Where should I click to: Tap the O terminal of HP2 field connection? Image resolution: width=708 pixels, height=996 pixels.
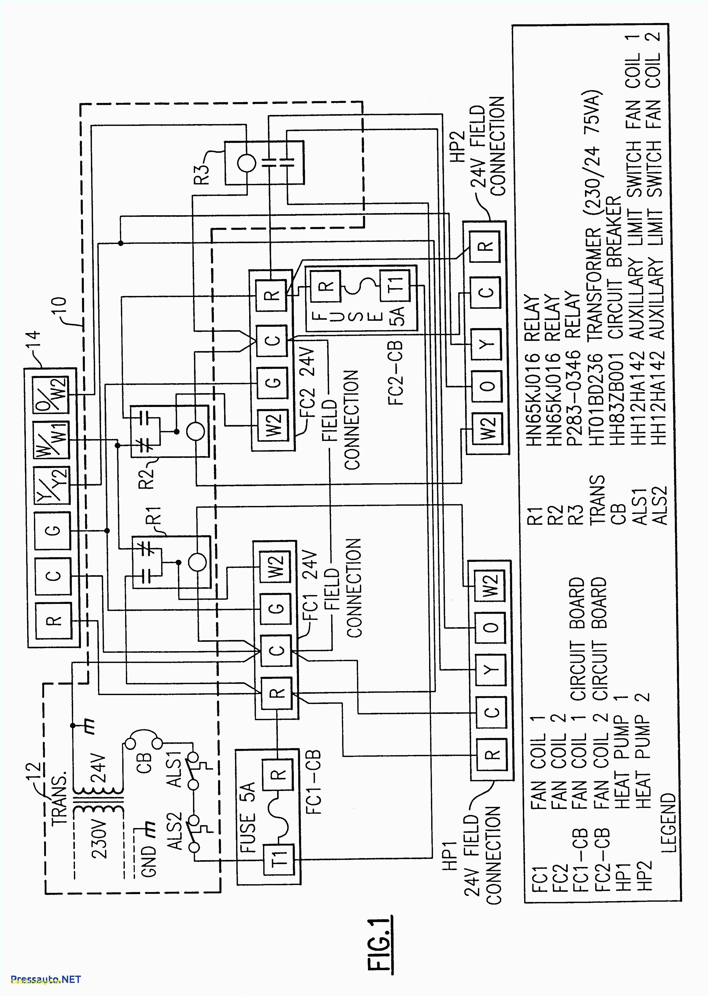click(487, 386)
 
